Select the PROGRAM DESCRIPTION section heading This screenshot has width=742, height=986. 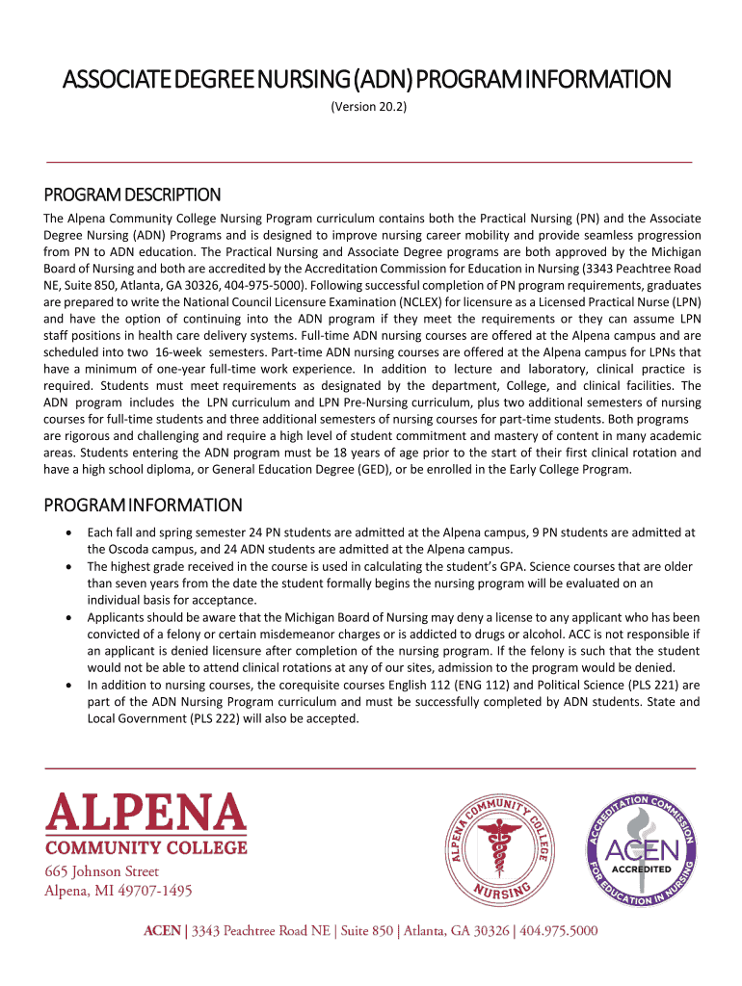133,195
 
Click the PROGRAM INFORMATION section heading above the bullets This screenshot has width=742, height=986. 144,506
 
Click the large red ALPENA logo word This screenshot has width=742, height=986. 146,813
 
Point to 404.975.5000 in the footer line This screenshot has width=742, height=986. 560,931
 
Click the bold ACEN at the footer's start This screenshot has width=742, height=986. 162,931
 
